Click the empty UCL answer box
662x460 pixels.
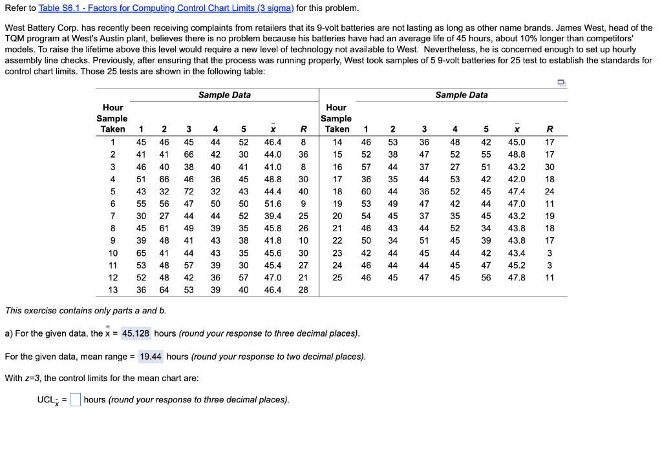point(75,399)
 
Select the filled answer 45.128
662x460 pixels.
point(136,333)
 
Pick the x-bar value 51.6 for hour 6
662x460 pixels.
point(273,204)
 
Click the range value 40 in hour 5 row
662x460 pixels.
point(303,191)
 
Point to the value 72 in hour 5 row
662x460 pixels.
point(189,191)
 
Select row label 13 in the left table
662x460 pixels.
point(112,289)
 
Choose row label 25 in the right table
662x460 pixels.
point(337,277)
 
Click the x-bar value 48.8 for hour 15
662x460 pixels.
point(517,154)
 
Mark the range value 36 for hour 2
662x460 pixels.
point(303,154)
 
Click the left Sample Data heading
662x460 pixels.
point(224,95)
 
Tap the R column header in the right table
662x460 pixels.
point(549,129)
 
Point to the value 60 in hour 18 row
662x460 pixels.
point(366,191)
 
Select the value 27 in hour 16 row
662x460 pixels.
point(455,167)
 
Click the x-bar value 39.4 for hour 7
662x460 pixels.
point(273,216)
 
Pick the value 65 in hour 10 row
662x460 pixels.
point(140,253)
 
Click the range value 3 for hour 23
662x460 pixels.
point(549,253)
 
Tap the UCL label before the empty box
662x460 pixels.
point(48,400)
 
